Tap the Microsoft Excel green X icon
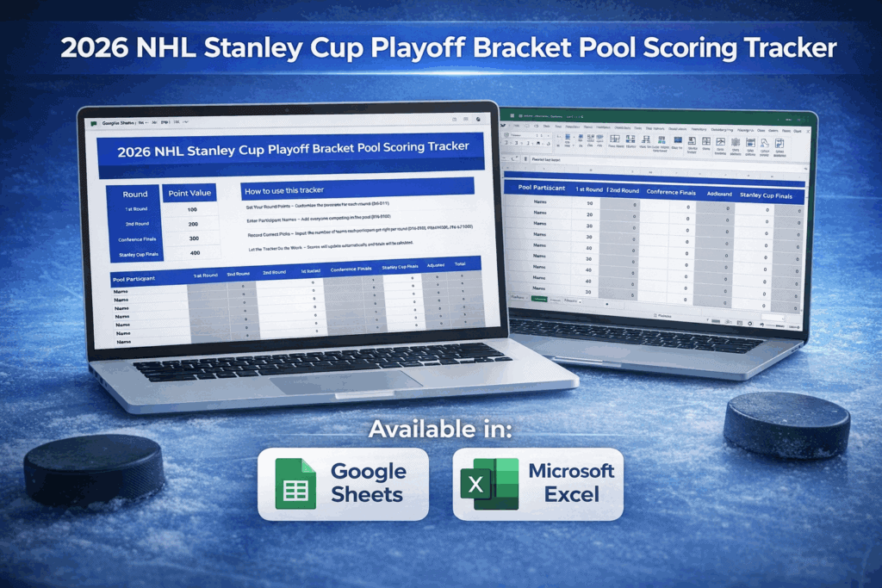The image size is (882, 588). point(488,483)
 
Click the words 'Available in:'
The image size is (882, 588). point(440,428)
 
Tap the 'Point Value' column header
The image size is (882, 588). point(189,193)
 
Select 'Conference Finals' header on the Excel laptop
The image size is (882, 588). point(668,192)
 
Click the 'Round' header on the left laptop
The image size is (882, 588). point(134,194)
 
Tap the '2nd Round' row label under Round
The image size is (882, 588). point(135,223)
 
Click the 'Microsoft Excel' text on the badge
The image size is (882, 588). point(571,483)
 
